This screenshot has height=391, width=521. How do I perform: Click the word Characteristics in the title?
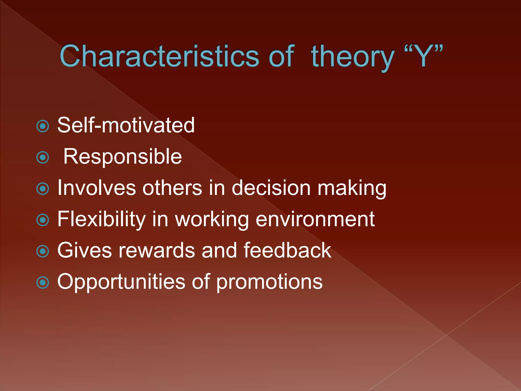(x=159, y=56)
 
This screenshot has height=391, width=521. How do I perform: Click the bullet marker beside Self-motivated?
(x=42, y=126)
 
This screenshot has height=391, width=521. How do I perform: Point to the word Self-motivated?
(x=126, y=125)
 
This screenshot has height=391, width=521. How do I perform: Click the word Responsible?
(x=122, y=157)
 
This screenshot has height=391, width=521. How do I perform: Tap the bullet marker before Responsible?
(x=42, y=158)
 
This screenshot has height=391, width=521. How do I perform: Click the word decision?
(x=271, y=188)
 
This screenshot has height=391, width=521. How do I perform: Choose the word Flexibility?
(x=102, y=219)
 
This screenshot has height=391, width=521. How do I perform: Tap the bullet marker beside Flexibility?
(x=42, y=220)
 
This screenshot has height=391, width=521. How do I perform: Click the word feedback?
(x=287, y=250)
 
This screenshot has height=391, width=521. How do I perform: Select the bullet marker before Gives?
(x=42, y=251)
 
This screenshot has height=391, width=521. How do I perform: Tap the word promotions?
(x=269, y=283)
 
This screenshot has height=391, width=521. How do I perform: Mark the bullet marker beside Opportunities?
(x=42, y=283)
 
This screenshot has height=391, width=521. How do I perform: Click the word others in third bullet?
(x=172, y=188)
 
